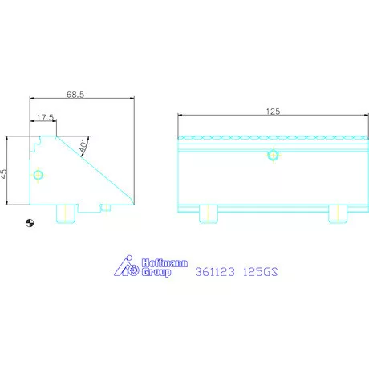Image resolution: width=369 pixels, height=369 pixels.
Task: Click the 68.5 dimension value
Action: point(75,95)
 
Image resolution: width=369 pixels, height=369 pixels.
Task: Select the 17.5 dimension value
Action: point(45,117)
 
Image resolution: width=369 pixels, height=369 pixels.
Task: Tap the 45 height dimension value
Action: point(4,174)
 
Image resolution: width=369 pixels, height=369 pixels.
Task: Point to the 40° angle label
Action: point(84,145)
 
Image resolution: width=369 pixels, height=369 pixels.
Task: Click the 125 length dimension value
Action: point(273,112)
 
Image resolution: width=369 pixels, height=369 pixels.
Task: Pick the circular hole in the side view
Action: point(38,175)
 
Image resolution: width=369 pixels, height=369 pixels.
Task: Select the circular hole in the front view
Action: point(273,155)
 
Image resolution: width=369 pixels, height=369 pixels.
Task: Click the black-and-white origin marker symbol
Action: point(30,223)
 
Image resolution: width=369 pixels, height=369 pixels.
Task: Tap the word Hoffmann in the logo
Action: point(164,263)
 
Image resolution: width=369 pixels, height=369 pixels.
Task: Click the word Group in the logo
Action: point(156,272)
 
